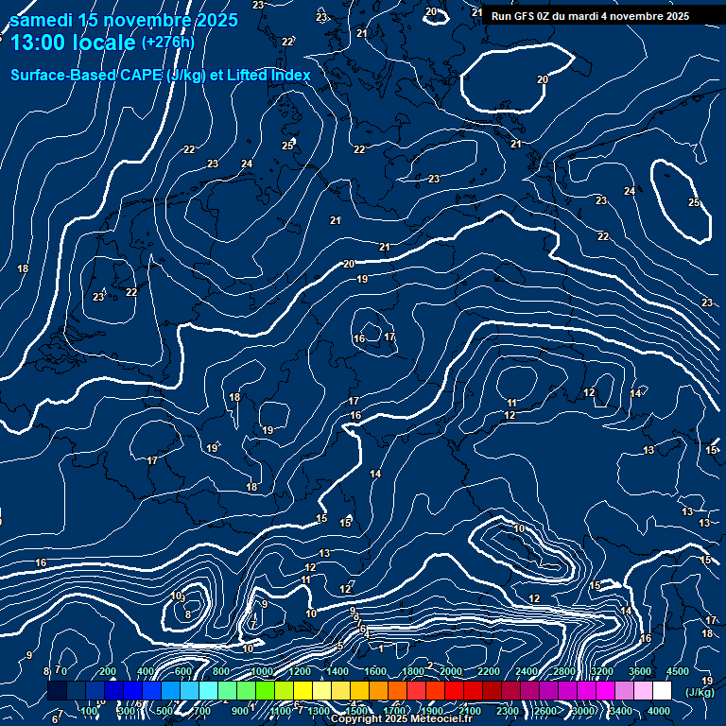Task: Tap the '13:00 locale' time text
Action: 72,42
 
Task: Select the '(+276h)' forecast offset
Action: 167,42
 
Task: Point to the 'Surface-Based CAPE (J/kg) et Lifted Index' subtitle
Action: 161,74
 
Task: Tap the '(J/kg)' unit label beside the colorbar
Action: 700,691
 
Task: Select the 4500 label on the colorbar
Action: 678,671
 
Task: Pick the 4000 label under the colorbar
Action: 659,711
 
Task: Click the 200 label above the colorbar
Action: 107,671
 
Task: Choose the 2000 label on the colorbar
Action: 451,671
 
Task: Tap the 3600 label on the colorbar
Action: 640,671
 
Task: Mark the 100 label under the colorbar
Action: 91,711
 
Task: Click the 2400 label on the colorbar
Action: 527,671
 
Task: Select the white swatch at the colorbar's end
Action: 662,691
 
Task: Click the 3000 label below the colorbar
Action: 583,711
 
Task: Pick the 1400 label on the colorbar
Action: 337,671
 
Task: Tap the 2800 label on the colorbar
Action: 564,671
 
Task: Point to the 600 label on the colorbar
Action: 182,671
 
